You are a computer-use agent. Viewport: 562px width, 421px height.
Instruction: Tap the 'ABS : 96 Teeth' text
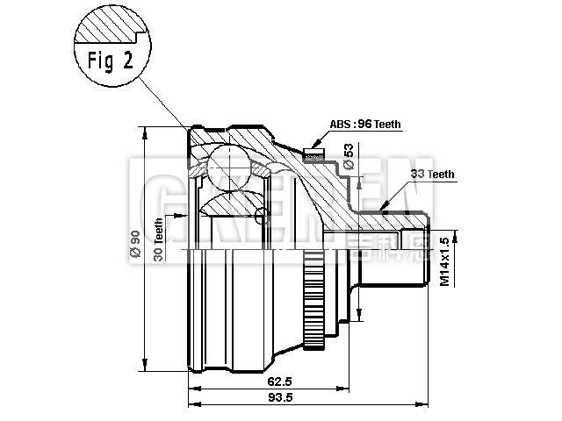coord(366,125)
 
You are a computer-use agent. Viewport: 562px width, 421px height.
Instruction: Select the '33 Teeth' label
coord(433,175)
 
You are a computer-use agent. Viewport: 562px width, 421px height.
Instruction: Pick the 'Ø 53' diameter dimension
coord(349,158)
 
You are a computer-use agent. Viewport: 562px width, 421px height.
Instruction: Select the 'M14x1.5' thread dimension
coord(444,260)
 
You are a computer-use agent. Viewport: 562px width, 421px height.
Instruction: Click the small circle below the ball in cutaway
coord(258,218)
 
